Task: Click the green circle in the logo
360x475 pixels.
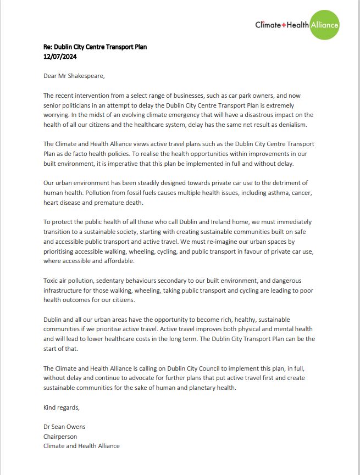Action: (x=324, y=25)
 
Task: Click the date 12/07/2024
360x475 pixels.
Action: (x=60, y=55)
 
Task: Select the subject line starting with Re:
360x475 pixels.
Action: (x=95, y=47)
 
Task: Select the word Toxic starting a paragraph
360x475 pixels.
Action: (x=51, y=281)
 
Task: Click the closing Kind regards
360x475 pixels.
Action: (x=62, y=407)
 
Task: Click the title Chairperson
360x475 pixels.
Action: (x=60, y=437)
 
